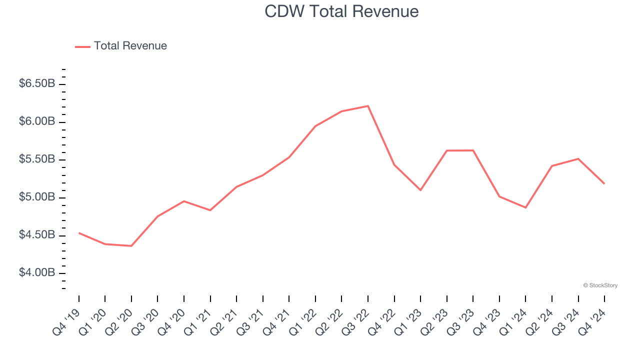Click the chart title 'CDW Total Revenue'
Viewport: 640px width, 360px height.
pos(341,11)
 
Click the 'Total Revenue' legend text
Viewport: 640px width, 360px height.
pos(130,46)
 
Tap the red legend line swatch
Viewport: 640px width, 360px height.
pos(82,46)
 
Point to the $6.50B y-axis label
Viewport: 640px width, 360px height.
pos(37,83)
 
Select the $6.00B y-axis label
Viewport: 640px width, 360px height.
pos(37,121)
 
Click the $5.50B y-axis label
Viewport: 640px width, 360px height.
pos(37,159)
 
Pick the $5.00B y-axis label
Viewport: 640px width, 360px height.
pos(37,197)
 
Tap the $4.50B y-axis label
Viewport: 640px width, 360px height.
pos(37,235)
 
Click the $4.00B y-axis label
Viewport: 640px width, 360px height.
pos(37,273)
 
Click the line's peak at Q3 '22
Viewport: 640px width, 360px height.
pos(368,106)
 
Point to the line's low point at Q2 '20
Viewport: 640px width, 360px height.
pos(131,246)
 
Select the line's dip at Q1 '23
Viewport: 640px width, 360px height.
pos(420,190)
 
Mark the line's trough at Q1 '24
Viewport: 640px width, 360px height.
pos(525,207)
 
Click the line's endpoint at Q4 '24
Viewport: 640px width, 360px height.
pos(604,183)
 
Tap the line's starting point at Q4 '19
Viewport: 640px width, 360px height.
pos(79,233)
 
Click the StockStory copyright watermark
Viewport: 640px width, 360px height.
pos(600,285)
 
